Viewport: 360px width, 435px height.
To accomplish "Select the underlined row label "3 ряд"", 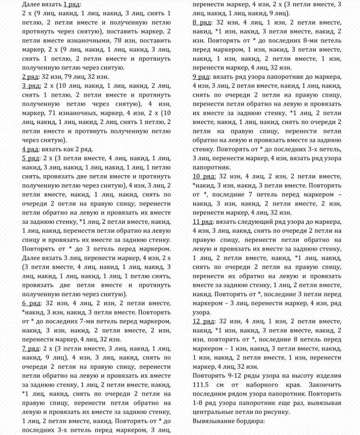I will point(31,86).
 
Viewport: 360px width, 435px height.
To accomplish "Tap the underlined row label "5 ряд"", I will point(31,158).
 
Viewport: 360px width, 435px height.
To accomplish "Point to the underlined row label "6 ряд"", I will point(31,303).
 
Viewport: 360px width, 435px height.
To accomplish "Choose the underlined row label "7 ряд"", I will point(31,349).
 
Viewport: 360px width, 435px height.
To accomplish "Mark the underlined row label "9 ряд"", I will point(201,77).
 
